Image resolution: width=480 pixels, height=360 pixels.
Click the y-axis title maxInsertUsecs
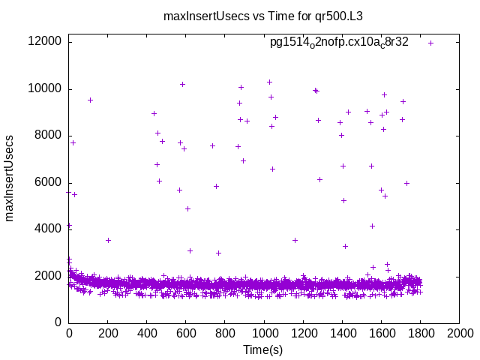[10, 178]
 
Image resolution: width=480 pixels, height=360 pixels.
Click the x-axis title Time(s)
[263, 350]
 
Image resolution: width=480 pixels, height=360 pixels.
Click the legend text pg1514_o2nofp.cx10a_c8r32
[339, 43]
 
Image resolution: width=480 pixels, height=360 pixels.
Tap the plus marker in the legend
[431, 43]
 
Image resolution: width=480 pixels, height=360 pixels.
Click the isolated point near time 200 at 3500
[108, 241]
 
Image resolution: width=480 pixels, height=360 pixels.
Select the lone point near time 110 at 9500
[90, 100]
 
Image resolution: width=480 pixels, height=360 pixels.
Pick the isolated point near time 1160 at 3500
[295, 241]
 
